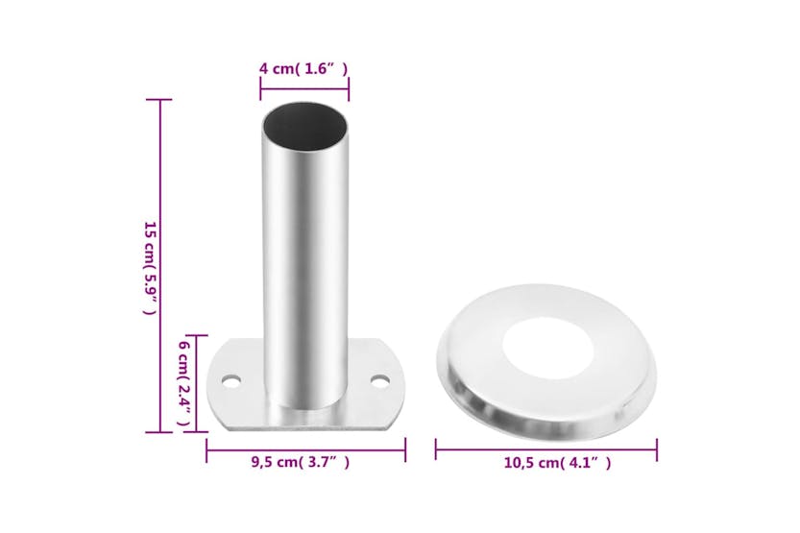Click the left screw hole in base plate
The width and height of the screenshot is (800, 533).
point(230,381)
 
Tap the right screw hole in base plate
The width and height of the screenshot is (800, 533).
point(381,381)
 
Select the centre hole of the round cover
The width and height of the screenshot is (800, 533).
point(547,345)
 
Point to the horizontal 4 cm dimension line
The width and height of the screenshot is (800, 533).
point(304,89)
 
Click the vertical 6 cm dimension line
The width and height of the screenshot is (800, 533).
point(198,383)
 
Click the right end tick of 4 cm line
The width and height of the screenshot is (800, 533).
point(349,89)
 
